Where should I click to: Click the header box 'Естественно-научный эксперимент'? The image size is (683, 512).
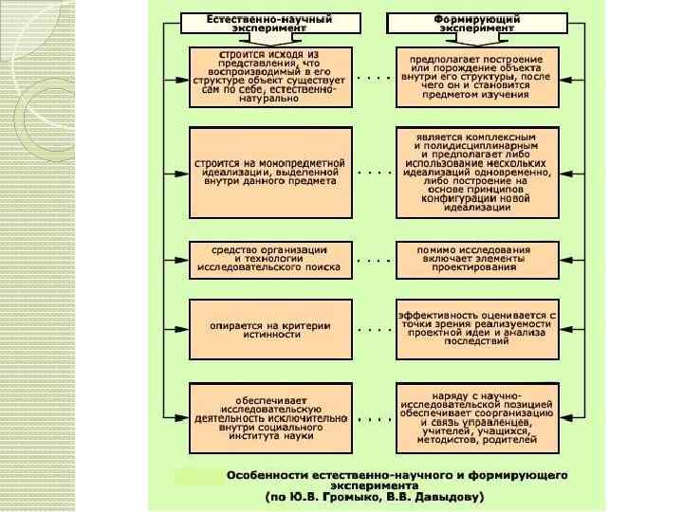[x=270, y=23]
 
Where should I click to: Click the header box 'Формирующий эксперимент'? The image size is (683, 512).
[x=476, y=23]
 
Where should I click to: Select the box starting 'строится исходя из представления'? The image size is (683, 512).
[x=270, y=78]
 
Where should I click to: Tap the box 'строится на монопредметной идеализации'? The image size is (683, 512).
[x=270, y=174]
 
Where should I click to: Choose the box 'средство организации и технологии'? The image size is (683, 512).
[x=270, y=259]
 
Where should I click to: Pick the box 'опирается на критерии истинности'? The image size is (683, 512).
[x=270, y=328]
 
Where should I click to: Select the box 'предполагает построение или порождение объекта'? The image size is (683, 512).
[x=476, y=78]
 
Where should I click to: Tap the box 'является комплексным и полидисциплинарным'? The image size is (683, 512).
[x=476, y=174]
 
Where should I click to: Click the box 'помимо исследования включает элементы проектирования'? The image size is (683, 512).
[x=476, y=259]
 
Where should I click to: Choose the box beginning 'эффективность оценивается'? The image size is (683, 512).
[x=476, y=328]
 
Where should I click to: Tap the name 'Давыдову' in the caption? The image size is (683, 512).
[x=447, y=496]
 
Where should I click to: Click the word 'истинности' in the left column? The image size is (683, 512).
[x=270, y=335]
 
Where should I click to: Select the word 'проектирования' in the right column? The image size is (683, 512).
[x=476, y=267]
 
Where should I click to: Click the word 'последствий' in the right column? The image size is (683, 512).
[x=476, y=344]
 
